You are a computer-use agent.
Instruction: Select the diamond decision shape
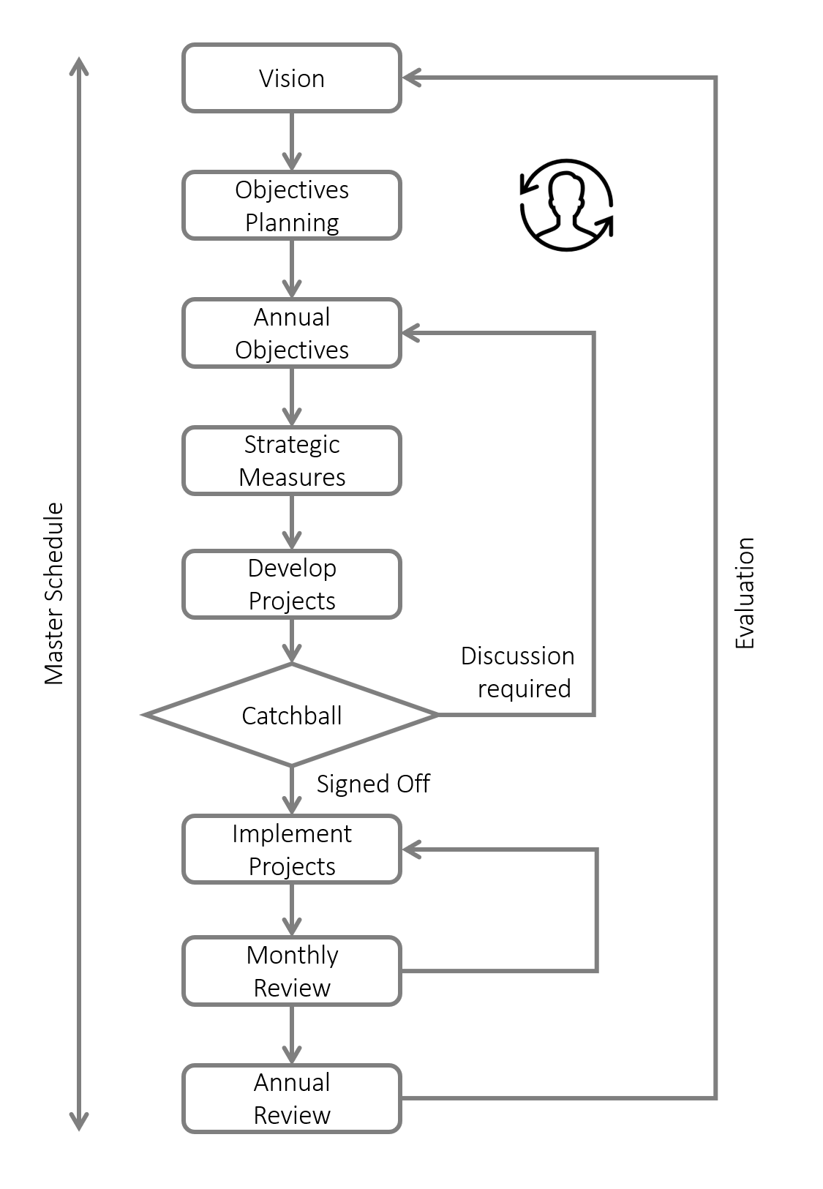point(291,714)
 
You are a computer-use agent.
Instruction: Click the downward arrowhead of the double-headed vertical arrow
point(79,1121)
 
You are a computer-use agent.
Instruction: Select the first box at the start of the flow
point(291,78)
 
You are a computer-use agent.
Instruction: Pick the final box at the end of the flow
point(291,1098)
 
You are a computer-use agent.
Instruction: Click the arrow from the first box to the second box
point(291,141)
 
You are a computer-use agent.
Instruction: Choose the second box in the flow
point(291,205)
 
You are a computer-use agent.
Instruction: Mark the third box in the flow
point(291,333)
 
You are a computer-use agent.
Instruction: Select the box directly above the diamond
point(291,584)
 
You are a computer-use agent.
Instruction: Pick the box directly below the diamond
point(291,849)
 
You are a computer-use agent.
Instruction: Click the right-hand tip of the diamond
point(436,714)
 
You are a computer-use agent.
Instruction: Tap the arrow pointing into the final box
point(291,1035)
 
